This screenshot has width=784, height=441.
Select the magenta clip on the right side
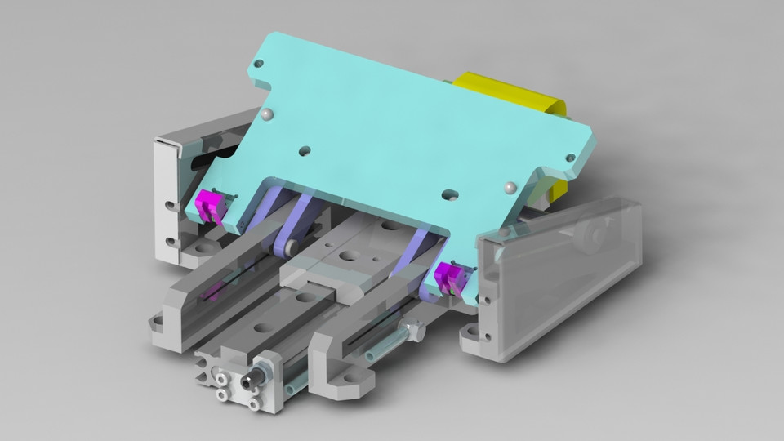[448, 278]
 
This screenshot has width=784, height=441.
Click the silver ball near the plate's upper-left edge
[267, 114]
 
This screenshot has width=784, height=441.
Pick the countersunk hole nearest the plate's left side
[305, 151]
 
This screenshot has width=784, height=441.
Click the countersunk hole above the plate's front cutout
[448, 196]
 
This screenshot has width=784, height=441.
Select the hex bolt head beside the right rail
[414, 332]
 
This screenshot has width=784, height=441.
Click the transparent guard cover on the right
[563, 269]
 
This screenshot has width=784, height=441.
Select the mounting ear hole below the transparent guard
[472, 334]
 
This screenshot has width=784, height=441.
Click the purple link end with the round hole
[288, 245]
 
